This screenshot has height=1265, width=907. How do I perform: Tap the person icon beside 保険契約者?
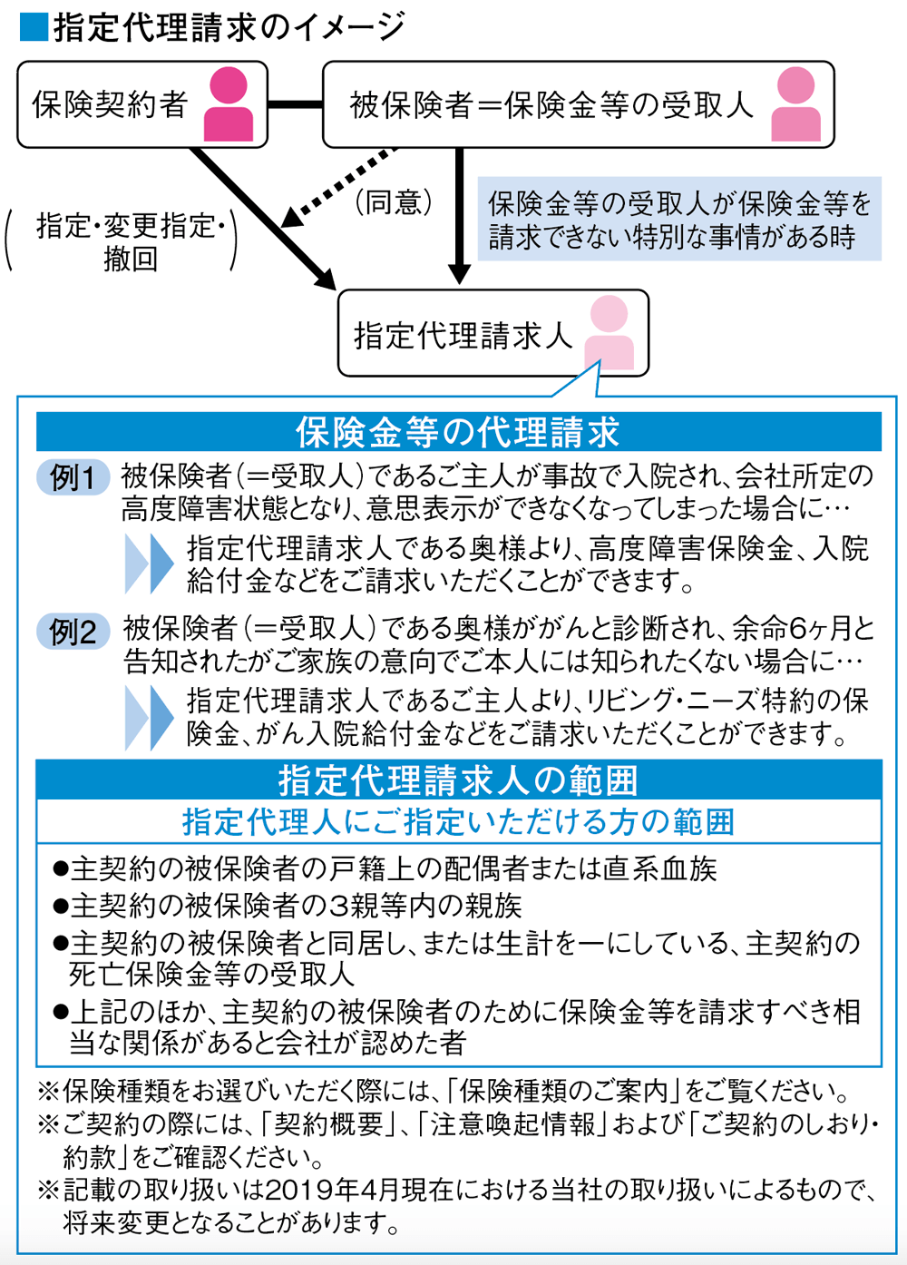point(229,104)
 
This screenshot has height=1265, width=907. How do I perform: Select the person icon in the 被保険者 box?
point(795,104)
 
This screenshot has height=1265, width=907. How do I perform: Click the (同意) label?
point(393,202)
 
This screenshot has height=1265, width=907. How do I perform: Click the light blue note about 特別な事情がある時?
point(679,220)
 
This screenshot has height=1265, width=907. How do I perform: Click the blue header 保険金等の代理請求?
point(458,433)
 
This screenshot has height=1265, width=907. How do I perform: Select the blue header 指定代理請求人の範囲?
point(458,780)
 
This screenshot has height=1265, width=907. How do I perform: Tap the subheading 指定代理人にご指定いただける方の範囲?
point(458,822)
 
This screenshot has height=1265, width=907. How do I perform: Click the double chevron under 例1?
point(149,564)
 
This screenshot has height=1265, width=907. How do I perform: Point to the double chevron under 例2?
point(149,717)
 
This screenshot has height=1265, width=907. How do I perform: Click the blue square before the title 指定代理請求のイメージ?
point(33,27)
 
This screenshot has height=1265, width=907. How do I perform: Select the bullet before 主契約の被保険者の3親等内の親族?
point(61,907)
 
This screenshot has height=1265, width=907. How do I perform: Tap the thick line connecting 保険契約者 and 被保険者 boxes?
point(295,104)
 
